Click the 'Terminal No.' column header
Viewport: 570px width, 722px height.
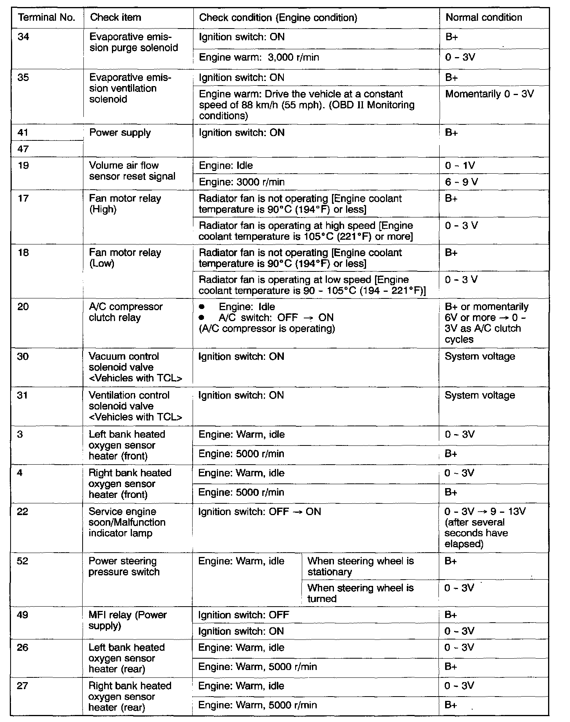tap(47, 18)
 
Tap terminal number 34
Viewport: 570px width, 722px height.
tap(23, 37)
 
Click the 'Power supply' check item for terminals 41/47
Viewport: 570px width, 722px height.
tap(120, 133)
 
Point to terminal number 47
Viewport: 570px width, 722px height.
tap(23, 149)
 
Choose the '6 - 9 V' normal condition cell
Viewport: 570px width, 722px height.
tap(462, 182)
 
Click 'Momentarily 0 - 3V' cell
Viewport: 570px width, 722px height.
tap(489, 94)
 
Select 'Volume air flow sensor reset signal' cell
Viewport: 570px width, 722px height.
tap(132, 171)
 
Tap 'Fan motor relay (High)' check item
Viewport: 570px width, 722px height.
tap(125, 204)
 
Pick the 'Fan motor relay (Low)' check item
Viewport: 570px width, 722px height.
tap(125, 258)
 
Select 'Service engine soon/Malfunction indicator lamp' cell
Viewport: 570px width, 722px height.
tap(127, 523)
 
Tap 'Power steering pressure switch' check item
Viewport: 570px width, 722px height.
tap(124, 566)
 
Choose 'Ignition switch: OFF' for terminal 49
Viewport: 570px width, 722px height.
tap(244, 615)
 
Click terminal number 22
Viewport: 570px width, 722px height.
tap(23, 512)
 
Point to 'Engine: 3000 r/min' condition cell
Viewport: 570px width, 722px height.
tap(242, 182)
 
